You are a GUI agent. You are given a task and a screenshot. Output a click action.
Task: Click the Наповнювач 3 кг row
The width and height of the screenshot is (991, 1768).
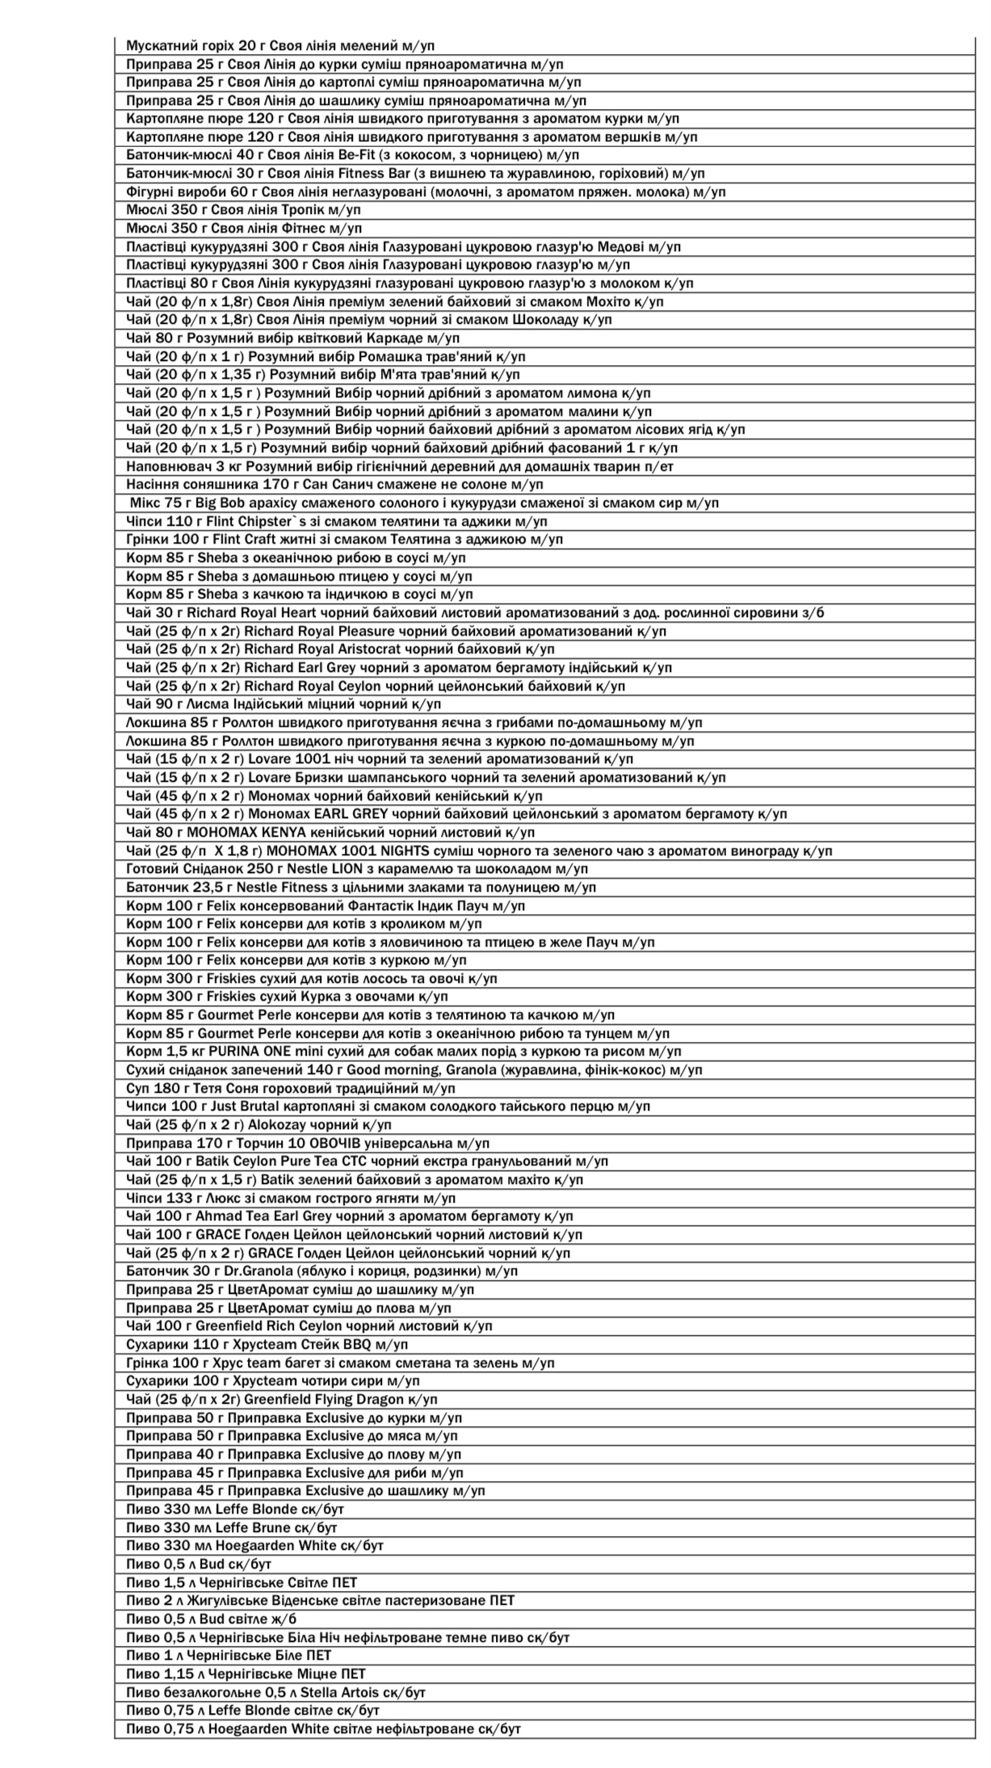click(400, 466)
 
